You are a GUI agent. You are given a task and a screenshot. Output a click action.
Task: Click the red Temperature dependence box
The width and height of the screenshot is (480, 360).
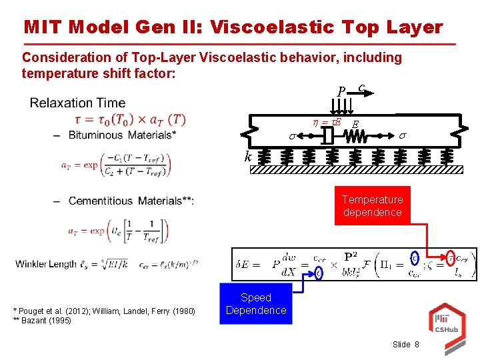pyautogui.click(x=372, y=205)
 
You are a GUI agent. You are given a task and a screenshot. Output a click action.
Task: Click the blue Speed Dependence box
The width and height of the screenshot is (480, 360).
pyautogui.click(x=256, y=304)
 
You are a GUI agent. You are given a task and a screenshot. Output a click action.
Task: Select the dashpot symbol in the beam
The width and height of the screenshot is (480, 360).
pyautogui.click(x=327, y=136)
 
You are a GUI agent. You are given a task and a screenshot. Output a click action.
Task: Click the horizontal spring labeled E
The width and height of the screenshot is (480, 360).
pyautogui.click(x=355, y=136)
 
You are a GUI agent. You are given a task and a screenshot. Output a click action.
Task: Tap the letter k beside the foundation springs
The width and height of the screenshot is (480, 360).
pyautogui.click(x=247, y=157)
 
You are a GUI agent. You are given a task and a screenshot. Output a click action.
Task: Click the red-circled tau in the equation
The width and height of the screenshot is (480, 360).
pyautogui.click(x=452, y=257)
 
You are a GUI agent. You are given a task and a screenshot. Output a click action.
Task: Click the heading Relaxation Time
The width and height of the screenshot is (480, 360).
pyautogui.click(x=77, y=103)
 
